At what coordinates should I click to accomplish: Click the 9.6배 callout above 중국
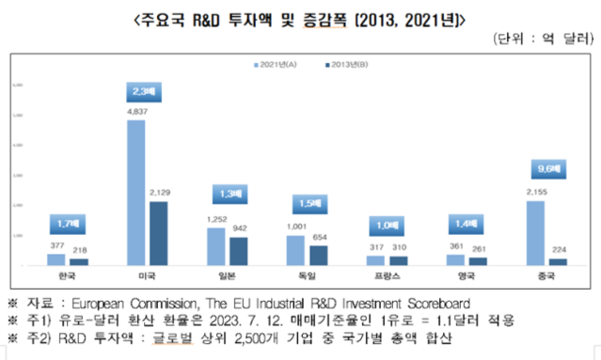[544, 169]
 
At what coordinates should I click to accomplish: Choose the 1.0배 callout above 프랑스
[383, 226]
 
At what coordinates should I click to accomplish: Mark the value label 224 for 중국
[558, 251]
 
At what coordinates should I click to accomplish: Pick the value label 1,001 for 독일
[294, 227]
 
